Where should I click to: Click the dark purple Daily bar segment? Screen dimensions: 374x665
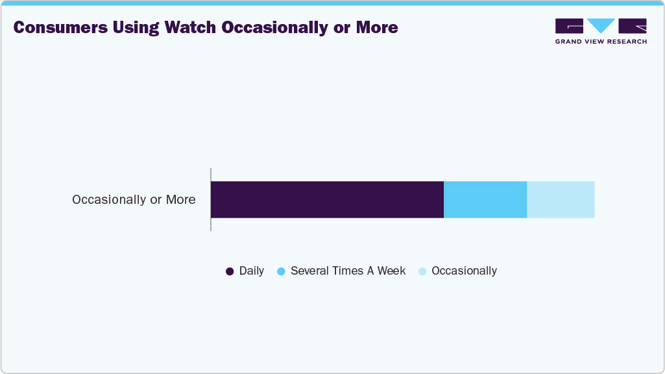tap(327, 199)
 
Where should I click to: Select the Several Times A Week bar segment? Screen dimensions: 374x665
tap(485, 199)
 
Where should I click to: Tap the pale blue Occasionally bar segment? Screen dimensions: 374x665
tap(561, 199)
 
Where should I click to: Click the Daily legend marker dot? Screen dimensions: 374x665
tap(230, 271)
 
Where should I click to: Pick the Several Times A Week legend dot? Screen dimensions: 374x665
tap(281, 271)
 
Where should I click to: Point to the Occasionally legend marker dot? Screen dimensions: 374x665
tap(422, 271)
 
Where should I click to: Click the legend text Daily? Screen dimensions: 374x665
tap(252, 271)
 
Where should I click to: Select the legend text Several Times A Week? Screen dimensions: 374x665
tap(348, 271)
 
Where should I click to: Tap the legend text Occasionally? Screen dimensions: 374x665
tap(464, 271)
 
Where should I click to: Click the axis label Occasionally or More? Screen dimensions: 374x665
tap(134, 199)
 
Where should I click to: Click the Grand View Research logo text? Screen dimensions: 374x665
tap(601, 42)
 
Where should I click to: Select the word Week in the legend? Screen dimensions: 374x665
tap(391, 271)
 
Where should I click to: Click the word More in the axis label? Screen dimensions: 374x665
tap(180, 199)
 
